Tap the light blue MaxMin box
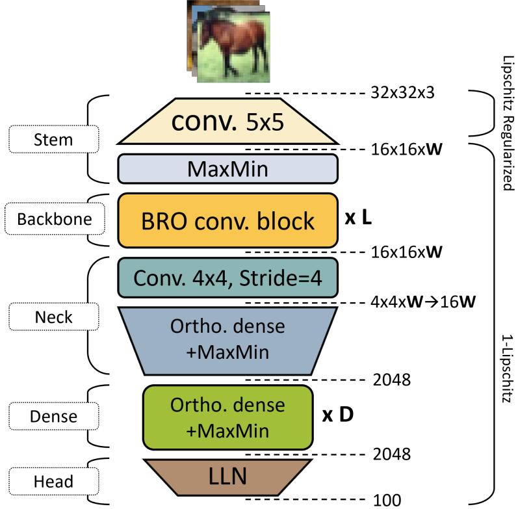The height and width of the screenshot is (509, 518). [x=227, y=169]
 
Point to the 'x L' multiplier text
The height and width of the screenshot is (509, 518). [x=358, y=220]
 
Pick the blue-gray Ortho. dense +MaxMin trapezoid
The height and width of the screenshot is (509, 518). [x=227, y=341]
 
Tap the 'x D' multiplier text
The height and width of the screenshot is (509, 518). [x=337, y=415]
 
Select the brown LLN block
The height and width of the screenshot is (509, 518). [x=227, y=478]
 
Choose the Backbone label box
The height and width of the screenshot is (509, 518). [x=55, y=220]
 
